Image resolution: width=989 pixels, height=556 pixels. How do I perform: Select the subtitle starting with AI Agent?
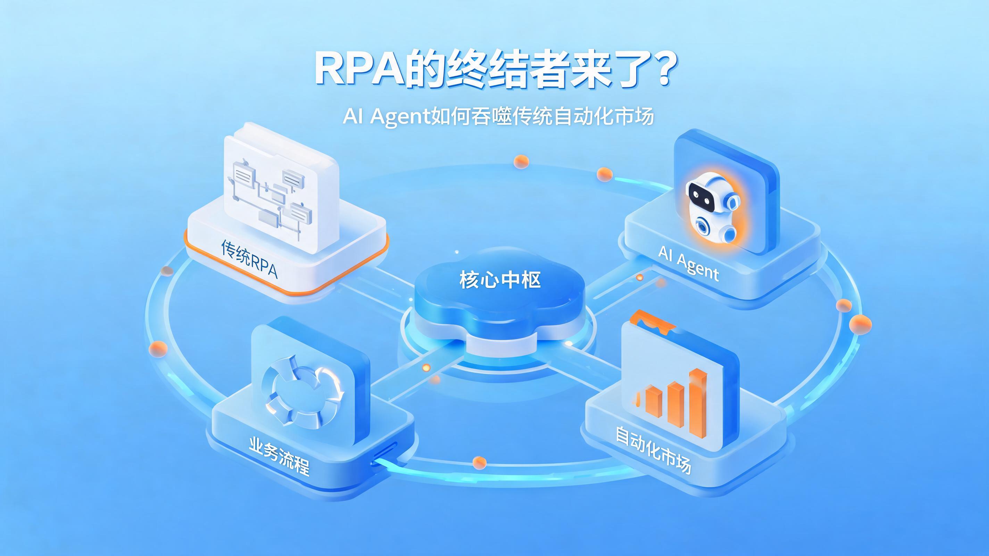pyautogui.click(x=498, y=116)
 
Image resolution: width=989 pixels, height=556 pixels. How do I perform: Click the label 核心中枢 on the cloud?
pyautogui.click(x=500, y=279)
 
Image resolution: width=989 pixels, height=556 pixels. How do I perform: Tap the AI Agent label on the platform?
pyautogui.click(x=688, y=263)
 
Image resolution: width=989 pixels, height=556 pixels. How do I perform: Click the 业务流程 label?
pyautogui.click(x=279, y=455)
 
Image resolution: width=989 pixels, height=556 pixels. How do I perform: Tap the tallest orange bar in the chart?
pyautogui.click(x=698, y=403)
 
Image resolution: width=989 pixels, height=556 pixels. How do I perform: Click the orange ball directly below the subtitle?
pyautogui.click(x=521, y=161)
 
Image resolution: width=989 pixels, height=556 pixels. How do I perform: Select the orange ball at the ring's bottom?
pyautogui.click(x=479, y=462)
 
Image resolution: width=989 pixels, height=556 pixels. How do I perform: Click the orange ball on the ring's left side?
pyautogui.click(x=158, y=348)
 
